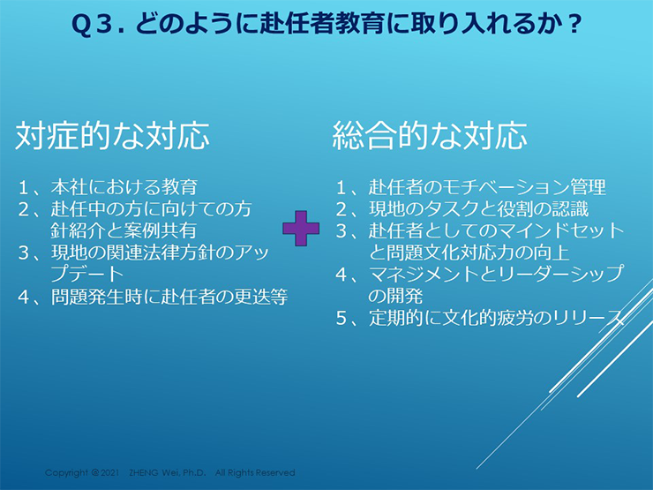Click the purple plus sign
(x=301, y=229)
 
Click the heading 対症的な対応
(x=112, y=136)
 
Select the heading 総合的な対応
(x=430, y=136)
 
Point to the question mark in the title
(x=574, y=24)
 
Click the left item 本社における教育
(x=124, y=187)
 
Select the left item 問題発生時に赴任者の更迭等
(x=169, y=297)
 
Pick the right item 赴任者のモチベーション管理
(x=487, y=187)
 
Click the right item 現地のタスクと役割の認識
(x=478, y=209)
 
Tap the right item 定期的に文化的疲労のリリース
(x=497, y=318)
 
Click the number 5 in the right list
(x=342, y=319)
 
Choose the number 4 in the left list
(x=23, y=297)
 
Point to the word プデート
(x=87, y=275)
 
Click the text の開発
(x=395, y=297)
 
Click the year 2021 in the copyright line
(x=109, y=472)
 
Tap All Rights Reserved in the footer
(x=255, y=472)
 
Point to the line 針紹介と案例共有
(x=124, y=230)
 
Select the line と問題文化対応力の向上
(x=469, y=253)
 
